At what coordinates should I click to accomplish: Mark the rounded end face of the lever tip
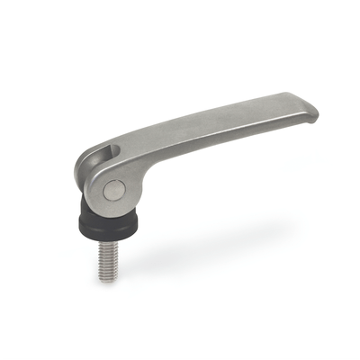pyautogui.click(x=313, y=114)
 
